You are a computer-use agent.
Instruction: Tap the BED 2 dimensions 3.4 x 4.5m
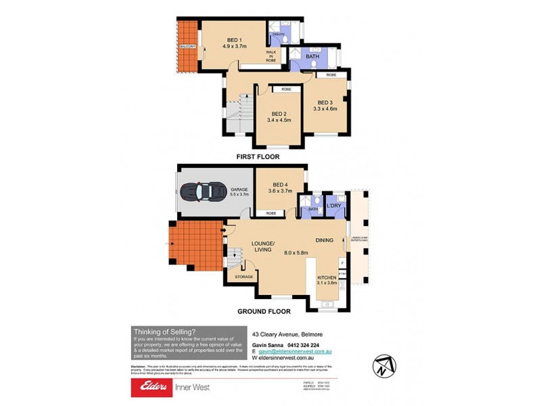[x=281, y=121]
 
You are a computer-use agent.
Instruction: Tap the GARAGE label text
[x=238, y=189]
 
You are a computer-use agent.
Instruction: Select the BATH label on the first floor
[x=312, y=56]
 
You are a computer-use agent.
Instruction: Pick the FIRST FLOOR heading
[x=257, y=156]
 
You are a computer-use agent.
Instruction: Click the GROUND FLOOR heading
[x=263, y=312]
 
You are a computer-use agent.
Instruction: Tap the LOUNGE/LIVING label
[x=262, y=246]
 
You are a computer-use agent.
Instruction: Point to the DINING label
[x=325, y=240]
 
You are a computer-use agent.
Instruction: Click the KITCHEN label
[x=327, y=278]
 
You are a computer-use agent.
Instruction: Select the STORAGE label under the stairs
[x=244, y=276]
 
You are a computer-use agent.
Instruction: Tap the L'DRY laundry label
[x=333, y=205]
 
